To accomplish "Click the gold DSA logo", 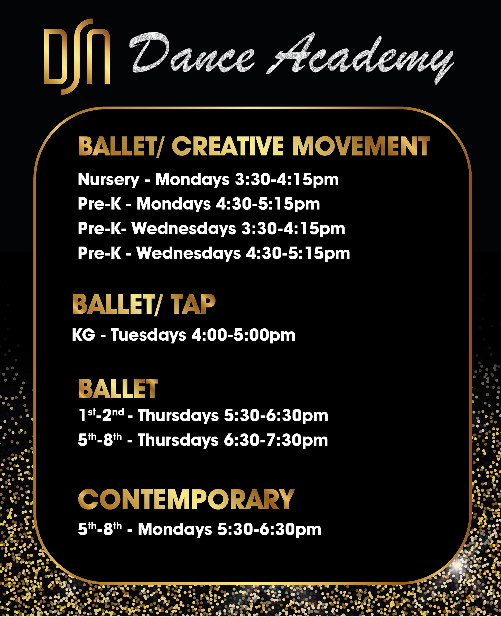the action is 77,57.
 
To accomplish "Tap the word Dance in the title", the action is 192,53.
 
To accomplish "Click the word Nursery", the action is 109,180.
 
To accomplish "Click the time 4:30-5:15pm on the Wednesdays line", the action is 298,253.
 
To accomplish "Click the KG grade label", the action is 84,335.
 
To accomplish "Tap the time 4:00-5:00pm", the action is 243,335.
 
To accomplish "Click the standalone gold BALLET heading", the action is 118,389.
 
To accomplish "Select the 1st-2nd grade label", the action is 101,415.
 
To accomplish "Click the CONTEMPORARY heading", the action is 187,500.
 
